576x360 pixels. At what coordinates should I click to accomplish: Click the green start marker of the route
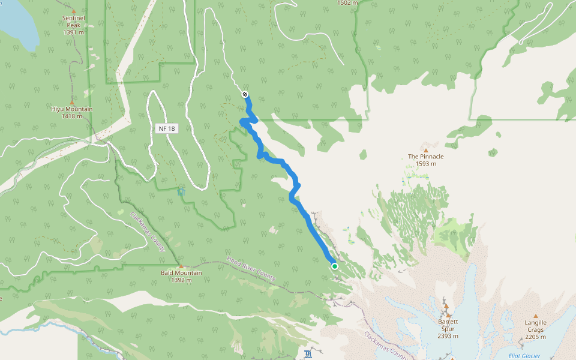coord(334,266)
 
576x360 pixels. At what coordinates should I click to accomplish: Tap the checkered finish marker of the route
coord(245,94)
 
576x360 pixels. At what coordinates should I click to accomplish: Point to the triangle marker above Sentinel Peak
coord(74,11)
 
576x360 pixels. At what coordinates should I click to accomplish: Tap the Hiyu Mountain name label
coord(72,109)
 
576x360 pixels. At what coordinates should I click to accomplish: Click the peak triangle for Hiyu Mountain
coord(72,102)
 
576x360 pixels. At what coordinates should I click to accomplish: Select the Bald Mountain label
coord(181,273)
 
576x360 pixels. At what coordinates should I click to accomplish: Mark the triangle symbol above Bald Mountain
coord(181,266)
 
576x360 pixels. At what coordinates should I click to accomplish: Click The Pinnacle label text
coord(426,157)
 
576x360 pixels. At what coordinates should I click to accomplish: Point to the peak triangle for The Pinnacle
coord(426,150)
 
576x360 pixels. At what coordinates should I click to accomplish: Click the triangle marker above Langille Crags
coord(535,316)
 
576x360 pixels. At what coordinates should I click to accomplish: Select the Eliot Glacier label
coord(524,356)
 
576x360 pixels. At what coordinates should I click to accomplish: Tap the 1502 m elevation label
coord(347,3)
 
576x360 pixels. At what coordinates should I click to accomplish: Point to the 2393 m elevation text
coord(448,336)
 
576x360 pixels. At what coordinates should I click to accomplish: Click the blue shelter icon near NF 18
coord(181,192)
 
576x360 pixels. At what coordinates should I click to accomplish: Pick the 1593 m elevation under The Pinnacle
coord(426,164)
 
